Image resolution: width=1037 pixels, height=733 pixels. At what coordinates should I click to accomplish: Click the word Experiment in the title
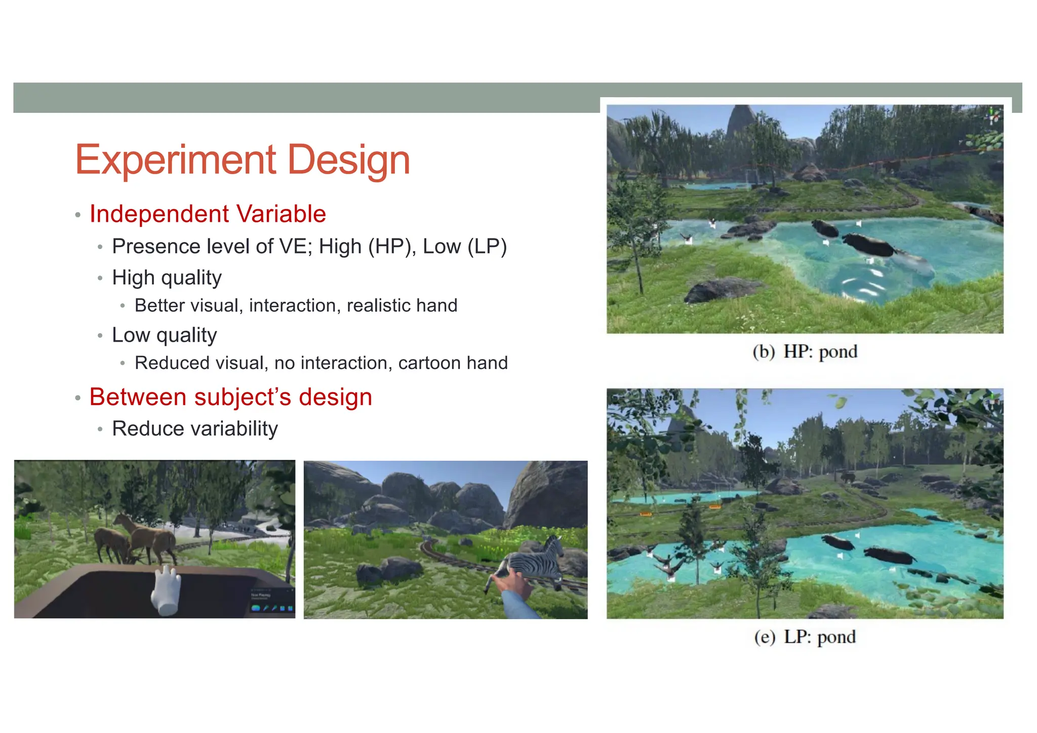point(175,160)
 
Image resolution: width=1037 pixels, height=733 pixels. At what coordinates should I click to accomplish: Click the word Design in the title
point(348,160)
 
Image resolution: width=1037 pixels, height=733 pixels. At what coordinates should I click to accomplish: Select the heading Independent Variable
point(208,214)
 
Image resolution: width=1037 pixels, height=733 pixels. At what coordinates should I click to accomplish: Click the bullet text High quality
point(167,277)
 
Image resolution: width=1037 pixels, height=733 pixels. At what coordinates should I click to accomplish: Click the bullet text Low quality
point(164,335)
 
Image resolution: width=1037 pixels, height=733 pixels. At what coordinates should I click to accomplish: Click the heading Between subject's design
point(230,397)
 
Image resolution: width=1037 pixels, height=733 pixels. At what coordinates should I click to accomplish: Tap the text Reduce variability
point(195,429)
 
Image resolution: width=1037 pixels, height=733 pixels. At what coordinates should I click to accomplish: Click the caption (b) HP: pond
point(805,352)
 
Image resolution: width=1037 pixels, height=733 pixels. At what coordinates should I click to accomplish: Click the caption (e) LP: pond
point(805,637)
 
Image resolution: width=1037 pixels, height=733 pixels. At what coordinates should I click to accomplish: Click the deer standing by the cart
point(147,537)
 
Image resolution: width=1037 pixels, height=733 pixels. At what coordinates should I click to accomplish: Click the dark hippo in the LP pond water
point(890,556)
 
